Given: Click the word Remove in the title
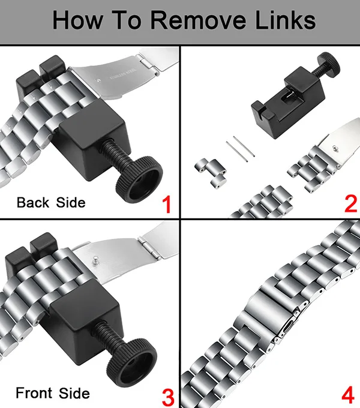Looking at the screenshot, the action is click(x=198, y=20).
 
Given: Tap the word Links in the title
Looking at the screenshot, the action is click(x=286, y=20).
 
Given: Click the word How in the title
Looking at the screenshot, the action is click(x=77, y=20).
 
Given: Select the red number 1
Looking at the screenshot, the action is click(x=167, y=205).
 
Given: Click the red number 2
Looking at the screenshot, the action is click(x=350, y=204).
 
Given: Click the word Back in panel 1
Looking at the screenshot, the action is click(x=33, y=202).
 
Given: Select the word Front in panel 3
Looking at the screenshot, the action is click(x=34, y=393).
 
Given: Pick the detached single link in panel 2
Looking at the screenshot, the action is click(x=211, y=173).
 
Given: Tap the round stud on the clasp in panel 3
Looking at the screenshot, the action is click(x=96, y=260).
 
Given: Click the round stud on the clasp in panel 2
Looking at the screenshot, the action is click(x=335, y=148).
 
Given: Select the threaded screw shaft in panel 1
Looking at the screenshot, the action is click(x=115, y=155).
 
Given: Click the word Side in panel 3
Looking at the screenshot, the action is click(x=74, y=393).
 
